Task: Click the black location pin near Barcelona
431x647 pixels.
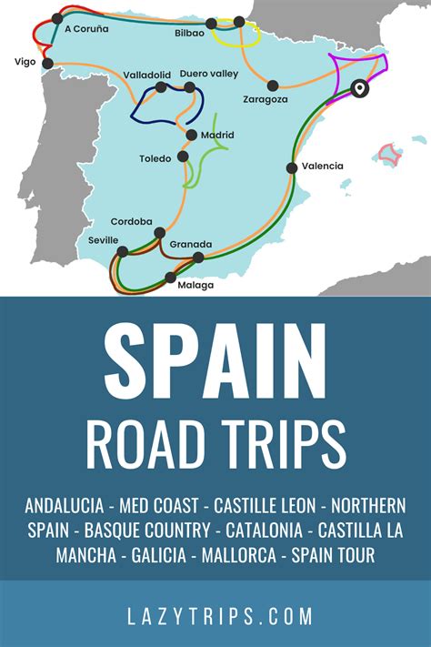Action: pos(359,88)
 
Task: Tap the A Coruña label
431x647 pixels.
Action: pos(86,29)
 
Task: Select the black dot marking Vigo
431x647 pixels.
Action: pos(48,64)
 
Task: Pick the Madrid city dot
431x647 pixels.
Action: pos(191,136)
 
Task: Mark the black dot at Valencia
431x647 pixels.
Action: pos(292,167)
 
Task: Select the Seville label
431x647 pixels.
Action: pos(104,239)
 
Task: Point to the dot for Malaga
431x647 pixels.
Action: pos(170,277)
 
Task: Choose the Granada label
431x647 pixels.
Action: pos(191,244)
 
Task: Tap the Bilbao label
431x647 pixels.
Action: pos(189,32)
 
